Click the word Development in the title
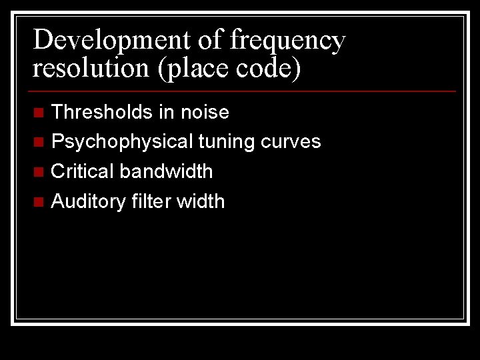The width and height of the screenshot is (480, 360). pos(111,40)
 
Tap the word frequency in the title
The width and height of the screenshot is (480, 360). pos(287,40)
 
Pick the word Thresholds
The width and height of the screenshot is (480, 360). pos(102,112)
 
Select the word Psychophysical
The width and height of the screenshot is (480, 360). pos(123,141)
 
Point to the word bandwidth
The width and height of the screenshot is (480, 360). pos(167,171)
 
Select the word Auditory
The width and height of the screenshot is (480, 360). pos(89,201)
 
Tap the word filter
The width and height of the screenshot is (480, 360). pos(151,201)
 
